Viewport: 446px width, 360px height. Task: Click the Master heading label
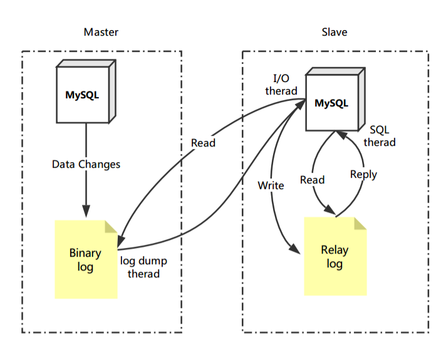[x=101, y=32]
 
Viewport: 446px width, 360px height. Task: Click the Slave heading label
[x=334, y=32]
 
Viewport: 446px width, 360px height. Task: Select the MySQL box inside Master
[x=82, y=95]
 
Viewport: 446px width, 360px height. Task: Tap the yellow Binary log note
[x=86, y=260]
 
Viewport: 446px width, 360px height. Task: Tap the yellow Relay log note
[x=334, y=257]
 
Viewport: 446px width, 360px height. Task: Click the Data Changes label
[x=86, y=164]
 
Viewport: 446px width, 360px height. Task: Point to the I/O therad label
[x=281, y=85]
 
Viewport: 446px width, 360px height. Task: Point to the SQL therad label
[x=380, y=136]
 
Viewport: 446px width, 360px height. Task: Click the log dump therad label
[x=143, y=267]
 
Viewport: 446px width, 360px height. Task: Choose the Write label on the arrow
[x=271, y=185]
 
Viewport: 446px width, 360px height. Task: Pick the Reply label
[x=363, y=174]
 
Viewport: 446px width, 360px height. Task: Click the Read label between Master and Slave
[x=203, y=143]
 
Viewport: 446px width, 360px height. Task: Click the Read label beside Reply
[x=312, y=180]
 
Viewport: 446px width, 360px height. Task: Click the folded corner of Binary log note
[x=111, y=227]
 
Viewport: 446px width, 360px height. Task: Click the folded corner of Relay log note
[x=360, y=224]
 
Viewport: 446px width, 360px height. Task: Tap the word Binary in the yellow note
[x=85, y=254]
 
